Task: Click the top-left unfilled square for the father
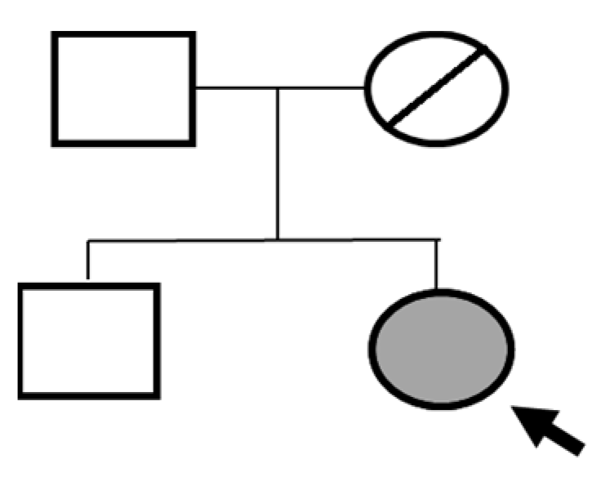pyautogui.click(x=123, y=89)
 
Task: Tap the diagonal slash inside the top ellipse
pyautogui.click(x=440, y=86)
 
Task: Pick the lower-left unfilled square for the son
pyautogui.click(x=88, y=340)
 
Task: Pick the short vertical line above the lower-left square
pyautogui.click(x=88, y=261)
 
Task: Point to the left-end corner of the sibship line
pyautogui.click(x=88, y=240)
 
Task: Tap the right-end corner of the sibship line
pyautogui.click(x=438, y=239)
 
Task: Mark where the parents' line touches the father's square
pyautogui.click(x=195, y=87)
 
